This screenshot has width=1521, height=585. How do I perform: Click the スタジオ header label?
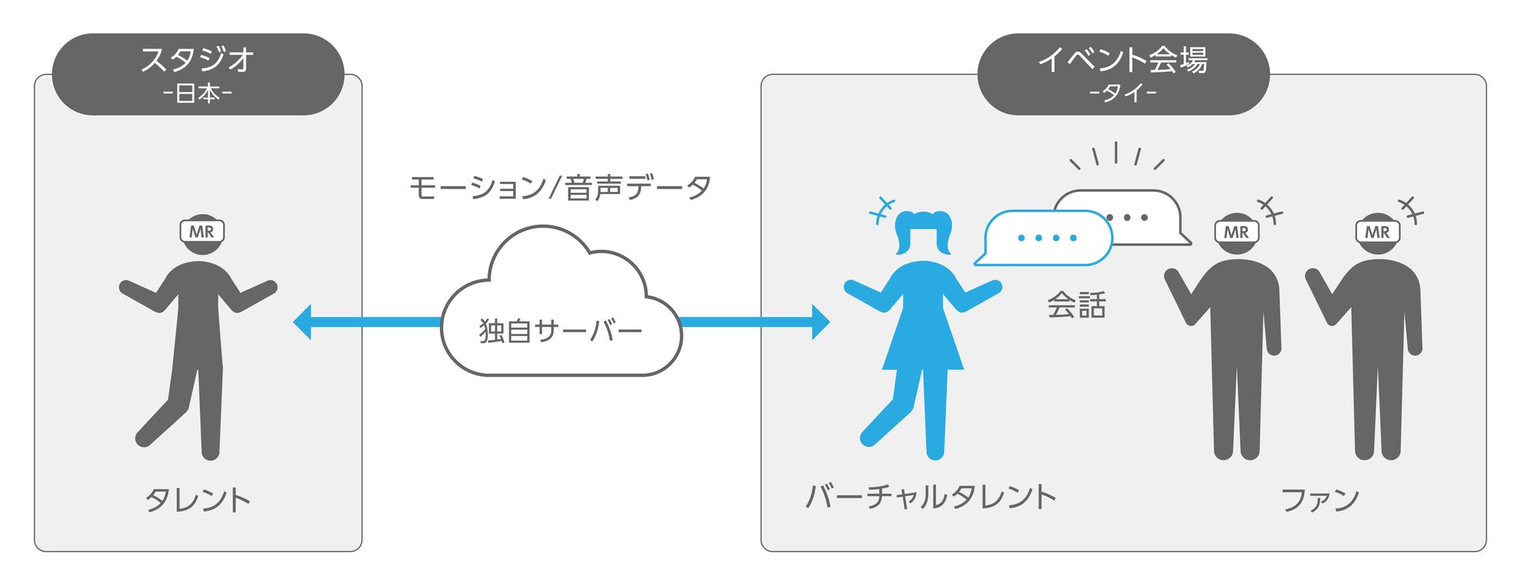click(197, 59)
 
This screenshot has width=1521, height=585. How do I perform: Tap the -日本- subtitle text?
click(197, 94)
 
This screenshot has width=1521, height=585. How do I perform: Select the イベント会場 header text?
click(1122, 59)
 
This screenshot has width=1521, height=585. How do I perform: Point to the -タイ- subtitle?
click(1122, 94)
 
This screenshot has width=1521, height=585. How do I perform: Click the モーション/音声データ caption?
click(560, 187)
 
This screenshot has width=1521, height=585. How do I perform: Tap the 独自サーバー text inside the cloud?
click(560, 331)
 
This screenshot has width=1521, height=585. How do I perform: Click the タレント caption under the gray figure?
click(198, 499)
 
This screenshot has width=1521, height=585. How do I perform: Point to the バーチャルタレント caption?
click(931, 497)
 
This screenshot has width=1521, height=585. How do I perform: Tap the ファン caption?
click(1320, 499)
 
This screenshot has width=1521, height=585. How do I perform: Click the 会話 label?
click(1076, 305)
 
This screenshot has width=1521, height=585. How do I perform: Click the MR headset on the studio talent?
click(202, 232)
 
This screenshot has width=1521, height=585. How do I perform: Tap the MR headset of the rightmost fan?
click(1377, 232)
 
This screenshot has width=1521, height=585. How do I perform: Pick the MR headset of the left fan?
click(1236, 232)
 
